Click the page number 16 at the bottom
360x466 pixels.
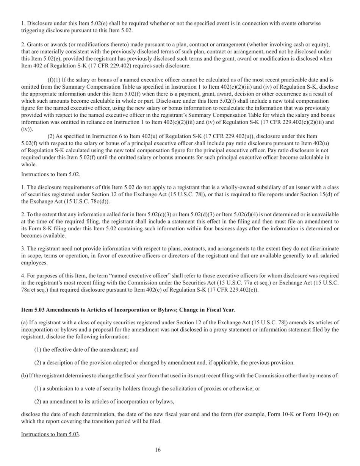[x=158, y=450]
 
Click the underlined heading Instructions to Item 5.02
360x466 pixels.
[x=50, y=174]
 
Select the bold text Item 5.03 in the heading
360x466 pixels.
[x=33, y=310]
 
